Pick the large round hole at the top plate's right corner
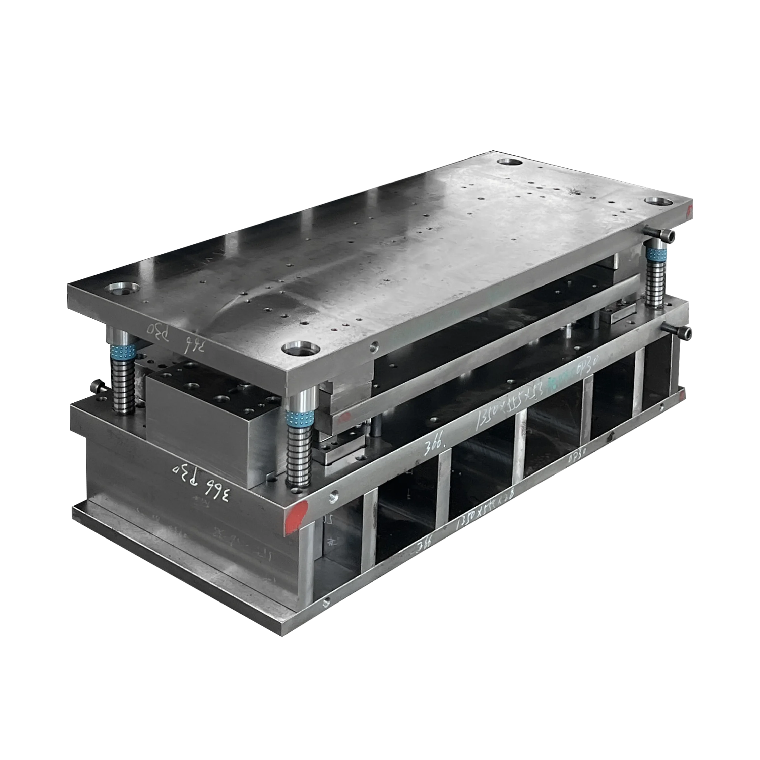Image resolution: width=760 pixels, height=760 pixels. click(658, 201)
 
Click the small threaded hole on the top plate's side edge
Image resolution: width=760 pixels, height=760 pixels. click(374, 346)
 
